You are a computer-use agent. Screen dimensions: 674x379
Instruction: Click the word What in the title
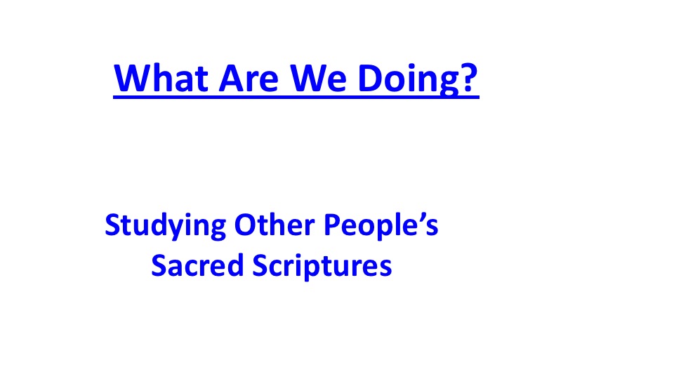(x=161, y=78)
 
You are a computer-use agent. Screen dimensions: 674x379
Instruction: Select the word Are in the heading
(x=249, y=78)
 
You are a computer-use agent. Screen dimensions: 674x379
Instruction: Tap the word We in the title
(x=317, y=78)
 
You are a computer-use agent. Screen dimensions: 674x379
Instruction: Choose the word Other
(x=275, y=225)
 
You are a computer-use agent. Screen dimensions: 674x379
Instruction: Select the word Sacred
(x=197, y=265)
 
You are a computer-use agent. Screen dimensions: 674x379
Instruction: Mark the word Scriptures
(x=322, y=267)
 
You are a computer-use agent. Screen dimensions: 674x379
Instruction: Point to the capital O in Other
(x=245, y=225)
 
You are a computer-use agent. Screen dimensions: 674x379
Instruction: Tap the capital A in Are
(x=232, y=78)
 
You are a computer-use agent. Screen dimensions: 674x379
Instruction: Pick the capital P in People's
(x=332, y=225)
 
